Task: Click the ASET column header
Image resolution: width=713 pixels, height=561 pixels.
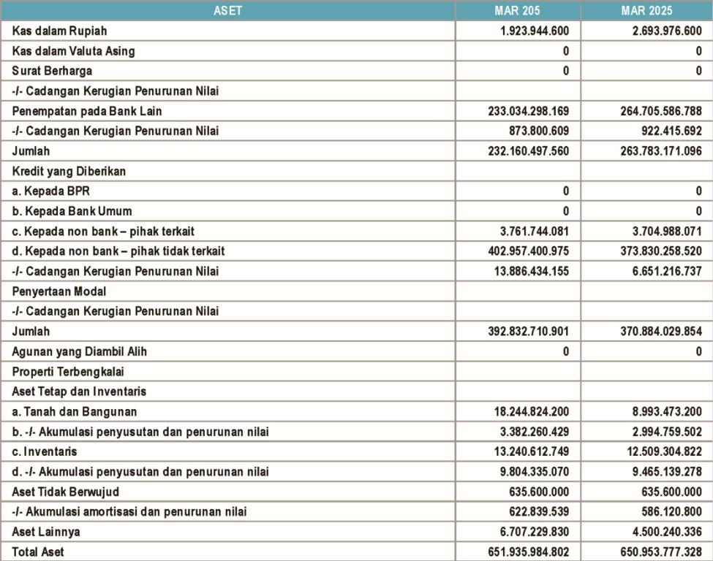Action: click(227, 10)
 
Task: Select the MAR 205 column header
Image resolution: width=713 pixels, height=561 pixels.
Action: click(518, 10)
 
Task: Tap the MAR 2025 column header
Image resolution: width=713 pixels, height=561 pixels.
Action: click(646, 10)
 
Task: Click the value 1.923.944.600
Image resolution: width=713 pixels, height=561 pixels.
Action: click(529, 31)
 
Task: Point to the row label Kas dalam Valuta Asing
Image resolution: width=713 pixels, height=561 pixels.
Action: click(74, 51)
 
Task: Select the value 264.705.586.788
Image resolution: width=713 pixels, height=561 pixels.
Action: click(657, 111)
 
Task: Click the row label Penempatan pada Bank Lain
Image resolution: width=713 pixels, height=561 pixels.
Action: click(87, 111)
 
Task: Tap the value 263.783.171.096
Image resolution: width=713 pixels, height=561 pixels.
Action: click(657, 151)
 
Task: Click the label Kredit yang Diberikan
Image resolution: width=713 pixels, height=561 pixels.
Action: click(69, 171)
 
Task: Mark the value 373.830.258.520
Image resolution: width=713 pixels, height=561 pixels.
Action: click(657, 251)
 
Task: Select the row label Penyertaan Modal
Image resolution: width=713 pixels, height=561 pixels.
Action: click(59, 291)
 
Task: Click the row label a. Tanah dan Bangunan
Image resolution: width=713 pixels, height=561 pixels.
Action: click(75, 412)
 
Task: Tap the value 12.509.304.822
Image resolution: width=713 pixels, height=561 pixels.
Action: click(660, 451)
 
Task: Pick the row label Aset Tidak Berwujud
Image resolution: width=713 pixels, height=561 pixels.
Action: click(66, 492)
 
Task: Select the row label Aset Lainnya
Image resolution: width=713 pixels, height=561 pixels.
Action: click(46, 532)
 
